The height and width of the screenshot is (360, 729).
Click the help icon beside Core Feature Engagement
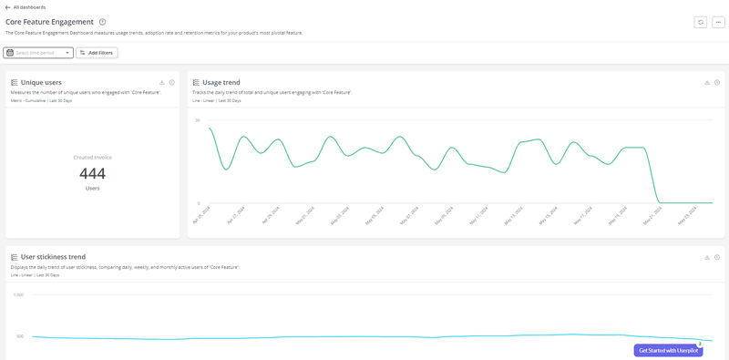(x=103, y=22)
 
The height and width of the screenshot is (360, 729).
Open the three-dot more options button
(x=718, y=22)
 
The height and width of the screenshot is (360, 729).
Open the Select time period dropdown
(x=38, y=53)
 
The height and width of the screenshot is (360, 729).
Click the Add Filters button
(x=97, y=53)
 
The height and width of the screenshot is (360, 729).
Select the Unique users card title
(x=41, y=82)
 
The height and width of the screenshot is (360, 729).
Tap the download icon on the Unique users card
(x=162, y=82)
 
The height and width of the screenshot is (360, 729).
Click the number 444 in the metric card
(x=92, y=173)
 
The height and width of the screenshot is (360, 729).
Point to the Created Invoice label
(x=92, y=157)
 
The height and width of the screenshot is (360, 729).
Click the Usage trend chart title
(x=221, y=82)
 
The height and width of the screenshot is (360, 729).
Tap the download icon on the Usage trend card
(x=707, y=82)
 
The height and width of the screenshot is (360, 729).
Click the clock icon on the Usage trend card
(x=717, y=82)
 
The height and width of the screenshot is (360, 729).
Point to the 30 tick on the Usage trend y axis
(x=197, y=120)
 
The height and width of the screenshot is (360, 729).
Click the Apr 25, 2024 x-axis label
(x=201, y=215)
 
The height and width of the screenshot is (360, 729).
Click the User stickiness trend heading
(x=53, y=257)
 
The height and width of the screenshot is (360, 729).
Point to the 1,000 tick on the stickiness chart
(x=18, y=295)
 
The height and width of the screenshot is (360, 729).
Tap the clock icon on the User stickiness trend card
(x=717, y=257)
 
